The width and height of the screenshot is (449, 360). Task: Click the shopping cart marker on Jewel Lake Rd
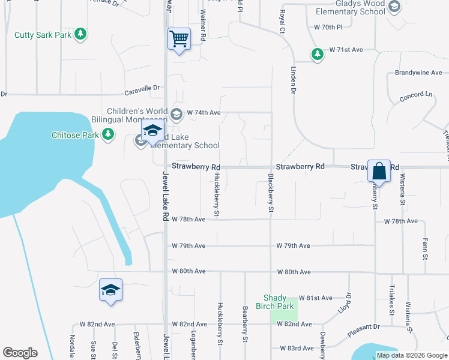coord(179,40)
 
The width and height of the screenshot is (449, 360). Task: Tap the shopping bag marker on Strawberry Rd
coord(379,171)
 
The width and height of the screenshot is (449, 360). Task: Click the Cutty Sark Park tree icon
coord(80,35)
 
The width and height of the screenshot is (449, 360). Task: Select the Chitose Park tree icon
coord(108,135)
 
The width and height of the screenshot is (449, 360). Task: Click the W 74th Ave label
coord(204,112)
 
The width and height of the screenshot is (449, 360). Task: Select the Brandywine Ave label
coord(418,73)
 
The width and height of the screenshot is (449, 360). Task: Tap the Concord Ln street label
coord(416,95)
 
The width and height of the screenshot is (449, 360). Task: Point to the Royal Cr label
coord(281,21)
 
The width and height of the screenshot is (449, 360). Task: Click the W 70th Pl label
coord(328,27)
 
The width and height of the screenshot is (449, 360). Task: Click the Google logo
coord(20,353)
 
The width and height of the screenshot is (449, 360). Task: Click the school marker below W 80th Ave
coord(111,290)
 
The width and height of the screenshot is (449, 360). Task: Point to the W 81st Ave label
coord(319,298)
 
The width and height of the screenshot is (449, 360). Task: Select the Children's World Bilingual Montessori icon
coord(176,113)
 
